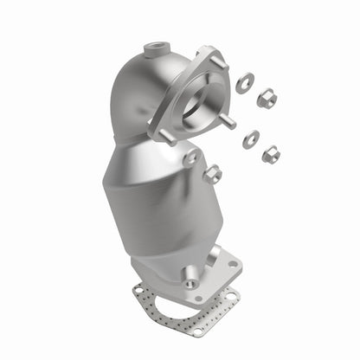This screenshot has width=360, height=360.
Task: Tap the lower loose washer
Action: tap(252, 137)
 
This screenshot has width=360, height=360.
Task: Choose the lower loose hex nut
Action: tap(270, 155)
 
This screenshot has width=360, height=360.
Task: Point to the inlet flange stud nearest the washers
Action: tap(229, 120)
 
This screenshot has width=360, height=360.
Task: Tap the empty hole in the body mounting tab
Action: tap(190, 159)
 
